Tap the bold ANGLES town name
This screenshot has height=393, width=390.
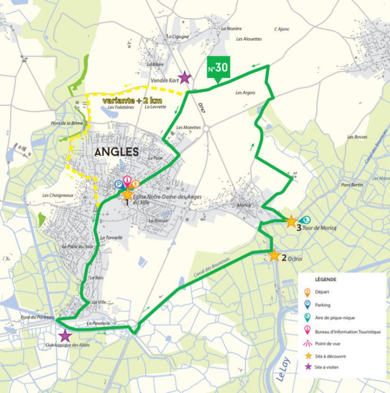[116, 151]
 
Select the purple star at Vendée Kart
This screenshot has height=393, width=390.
[185, 78]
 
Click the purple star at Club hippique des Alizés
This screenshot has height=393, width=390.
[64, 336]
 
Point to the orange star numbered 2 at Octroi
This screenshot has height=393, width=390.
[274, 255]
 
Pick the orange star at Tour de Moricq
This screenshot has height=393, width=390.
[291, 222]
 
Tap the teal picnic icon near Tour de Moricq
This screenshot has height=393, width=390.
[306, 220]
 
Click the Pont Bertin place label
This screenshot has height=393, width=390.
[352, 185]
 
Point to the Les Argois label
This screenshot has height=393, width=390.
[245, 93]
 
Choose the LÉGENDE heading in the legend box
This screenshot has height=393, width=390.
[326, 279]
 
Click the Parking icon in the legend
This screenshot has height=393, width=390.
[307, 305]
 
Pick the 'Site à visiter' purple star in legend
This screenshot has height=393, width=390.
[307, 366]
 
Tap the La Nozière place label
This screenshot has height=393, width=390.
[232, 29]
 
